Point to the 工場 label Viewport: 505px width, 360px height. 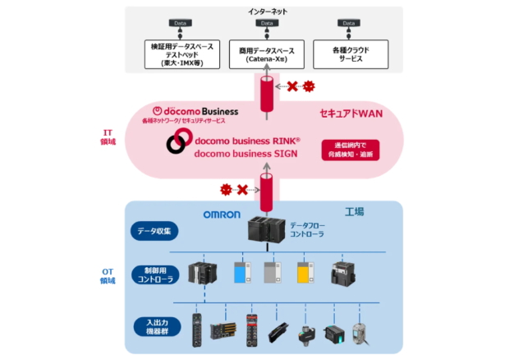353,211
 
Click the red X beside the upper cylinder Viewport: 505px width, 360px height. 292,86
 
